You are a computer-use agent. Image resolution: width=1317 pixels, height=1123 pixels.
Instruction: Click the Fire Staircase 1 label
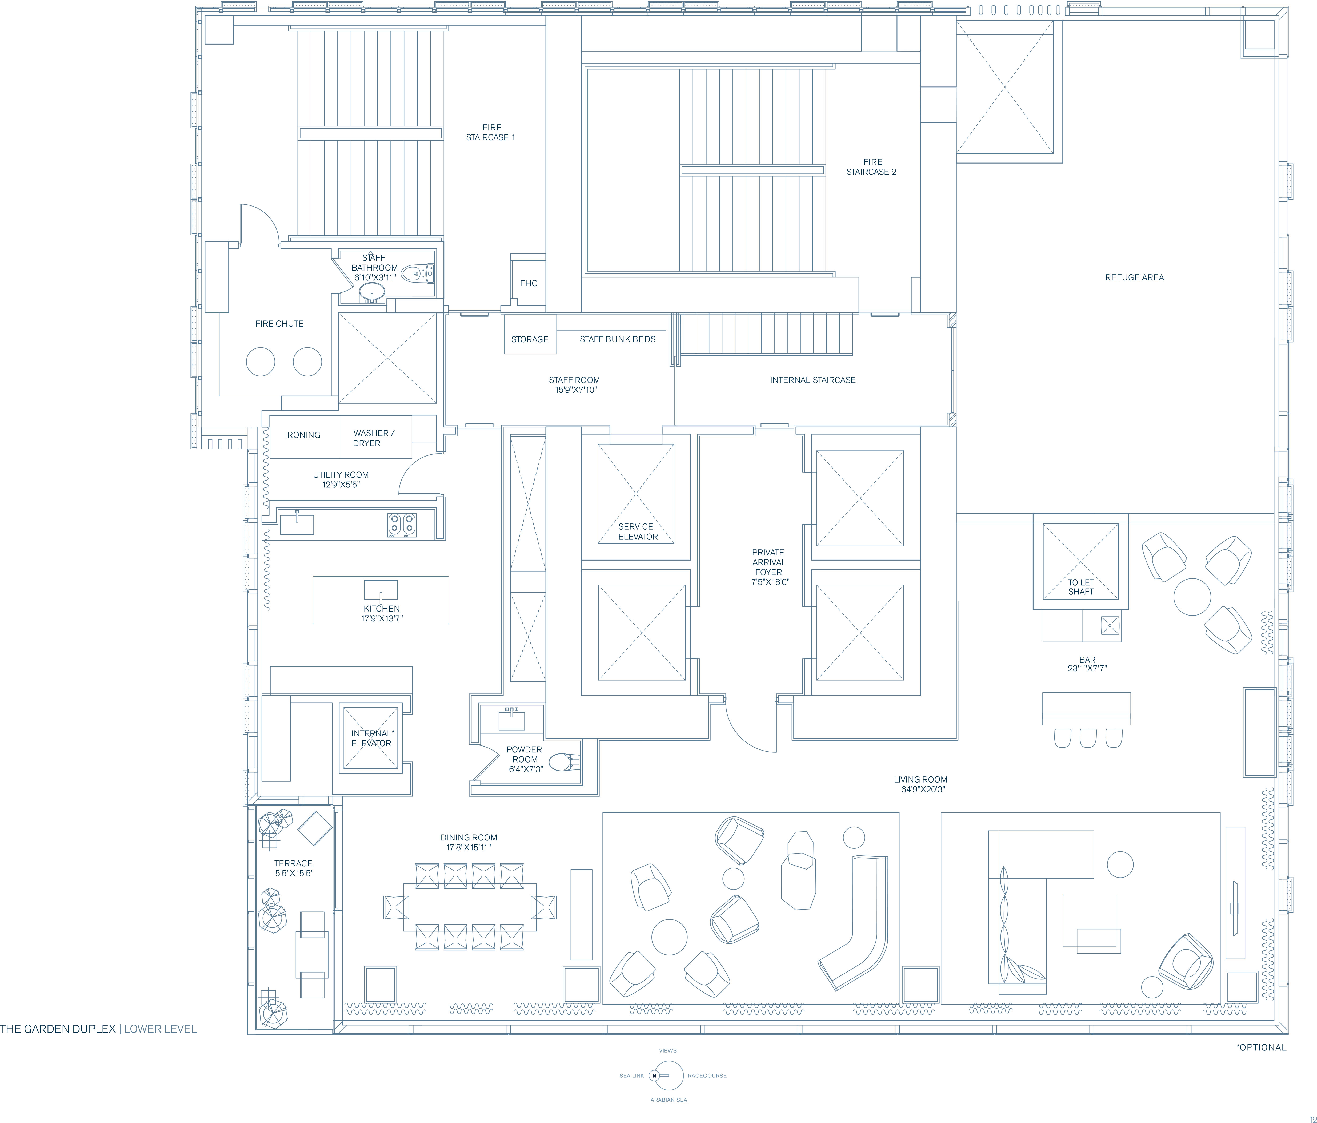point(491,132)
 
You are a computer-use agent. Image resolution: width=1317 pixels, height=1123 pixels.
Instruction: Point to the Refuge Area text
point(1135,277)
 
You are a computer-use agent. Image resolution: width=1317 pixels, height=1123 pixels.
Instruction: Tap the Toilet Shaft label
point(1080,587)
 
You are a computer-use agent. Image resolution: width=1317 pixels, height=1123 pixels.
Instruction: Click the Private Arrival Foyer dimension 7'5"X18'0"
point(770,582)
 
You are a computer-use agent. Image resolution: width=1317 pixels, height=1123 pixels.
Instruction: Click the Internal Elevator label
point(372,738)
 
